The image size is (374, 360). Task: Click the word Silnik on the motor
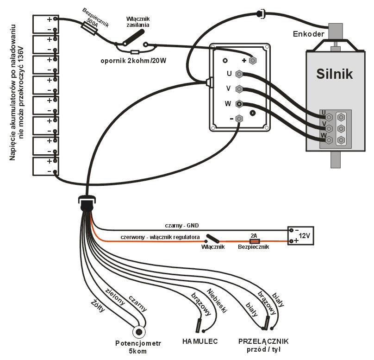(x=335, y=74)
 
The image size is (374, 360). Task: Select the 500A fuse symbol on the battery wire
(x=89, y=27)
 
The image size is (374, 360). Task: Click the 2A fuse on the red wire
(x=254, y=241)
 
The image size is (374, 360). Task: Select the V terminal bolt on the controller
(x=239, y=88)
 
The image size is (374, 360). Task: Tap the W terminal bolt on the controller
(x=239, y=104)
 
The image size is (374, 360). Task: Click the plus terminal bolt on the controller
(x=252, y=60)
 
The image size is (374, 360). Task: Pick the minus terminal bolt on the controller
(x=239, y=119)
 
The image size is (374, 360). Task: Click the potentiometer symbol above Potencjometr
(x=139, y=332)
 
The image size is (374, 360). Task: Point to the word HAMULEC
(x=200, y=342)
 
